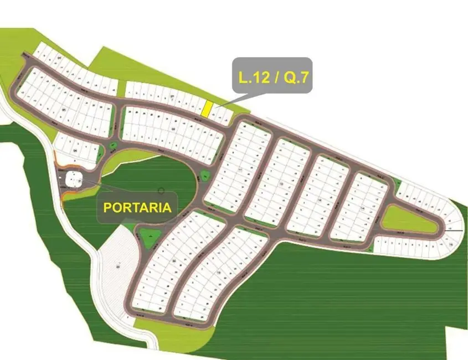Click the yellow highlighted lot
[206, 109]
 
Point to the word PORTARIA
[137, 208]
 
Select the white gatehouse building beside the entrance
[73, 179]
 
